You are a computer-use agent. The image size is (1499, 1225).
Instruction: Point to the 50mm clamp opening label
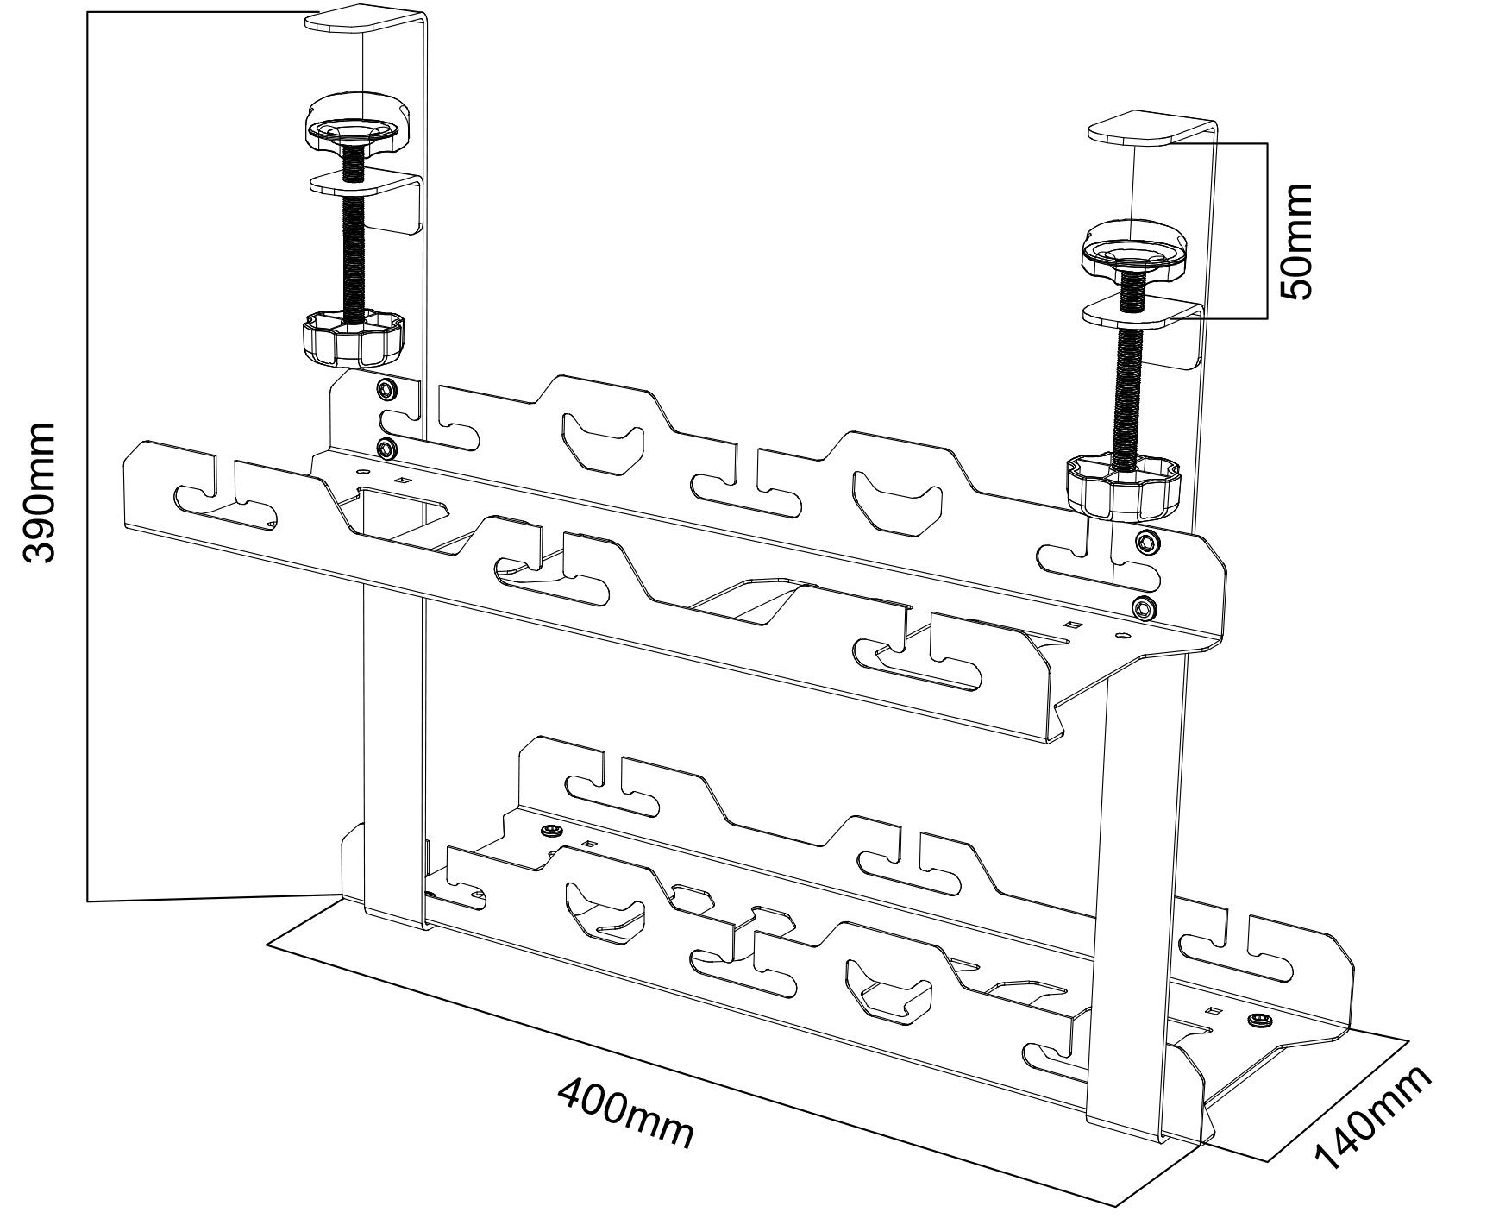pos(1296,242)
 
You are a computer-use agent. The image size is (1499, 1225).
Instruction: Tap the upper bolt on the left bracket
pos(387,390)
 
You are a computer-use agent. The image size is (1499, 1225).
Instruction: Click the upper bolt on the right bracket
pos(1147,542)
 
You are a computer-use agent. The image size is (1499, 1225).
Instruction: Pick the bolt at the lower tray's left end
pos(549,831)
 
